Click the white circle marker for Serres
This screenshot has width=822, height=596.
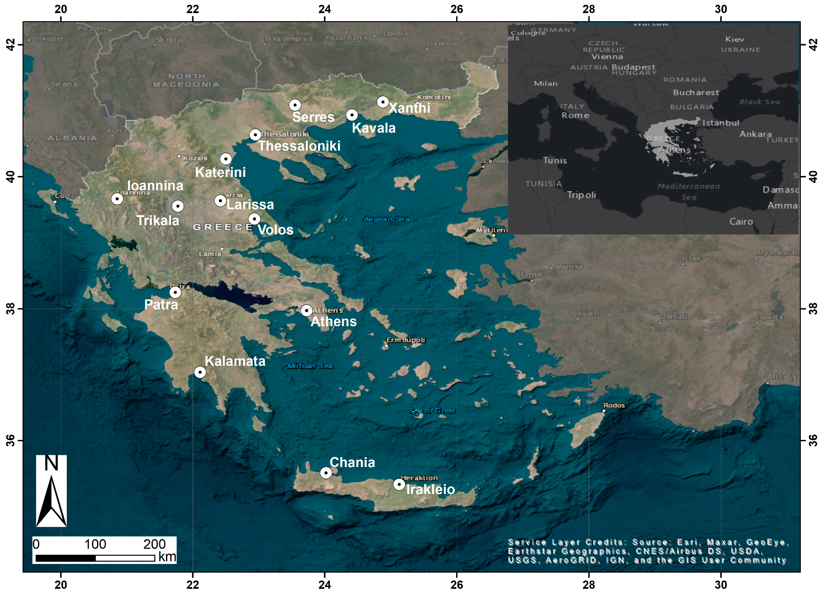(295, 105)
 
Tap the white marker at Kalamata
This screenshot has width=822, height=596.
(200, 372)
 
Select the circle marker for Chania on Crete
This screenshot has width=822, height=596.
(326, 473)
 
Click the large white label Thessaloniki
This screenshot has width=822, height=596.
(299, 146)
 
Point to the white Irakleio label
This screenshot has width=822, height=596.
(430, 490)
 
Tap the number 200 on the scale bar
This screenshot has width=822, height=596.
(154, 544)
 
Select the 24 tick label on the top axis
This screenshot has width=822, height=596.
(324, 9)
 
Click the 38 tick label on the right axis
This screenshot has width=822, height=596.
(813, 309)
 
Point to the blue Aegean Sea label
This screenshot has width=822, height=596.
(386, 219)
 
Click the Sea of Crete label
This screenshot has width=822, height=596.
(431, 411)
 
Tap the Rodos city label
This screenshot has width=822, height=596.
(614, 405)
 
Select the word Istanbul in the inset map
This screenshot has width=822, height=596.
(720, 123)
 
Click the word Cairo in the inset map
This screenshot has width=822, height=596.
(741, 222)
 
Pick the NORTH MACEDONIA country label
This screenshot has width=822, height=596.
(186, 80)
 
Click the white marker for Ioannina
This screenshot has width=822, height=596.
(117, 199)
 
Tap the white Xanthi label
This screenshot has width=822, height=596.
(409, 108)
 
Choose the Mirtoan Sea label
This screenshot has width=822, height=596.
(310, 366)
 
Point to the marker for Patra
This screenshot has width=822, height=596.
(175, 292)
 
